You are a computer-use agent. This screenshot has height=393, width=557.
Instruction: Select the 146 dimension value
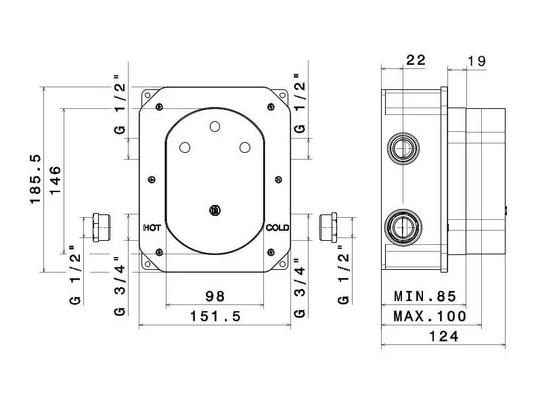(x=55, y=180)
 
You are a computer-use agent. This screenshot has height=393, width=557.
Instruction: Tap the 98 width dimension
(x=215, y=296)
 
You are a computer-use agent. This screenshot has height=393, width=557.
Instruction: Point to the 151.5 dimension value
(x=215, y=316)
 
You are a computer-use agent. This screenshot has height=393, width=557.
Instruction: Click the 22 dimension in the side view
(x=416, y=60)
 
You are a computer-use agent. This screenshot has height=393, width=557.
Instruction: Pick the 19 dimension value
(x=476, y=61)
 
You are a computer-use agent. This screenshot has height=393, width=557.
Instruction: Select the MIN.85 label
(x=425, y=296)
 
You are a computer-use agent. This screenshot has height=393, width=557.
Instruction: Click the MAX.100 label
(x=430, y=316)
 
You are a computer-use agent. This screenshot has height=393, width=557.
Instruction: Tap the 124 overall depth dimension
(x=444, y=336)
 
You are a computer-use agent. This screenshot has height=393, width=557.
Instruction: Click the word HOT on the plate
(x=152, y=227)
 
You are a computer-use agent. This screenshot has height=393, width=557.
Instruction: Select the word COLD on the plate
(x=277, y=227)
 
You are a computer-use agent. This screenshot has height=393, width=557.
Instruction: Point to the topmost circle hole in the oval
(x=215, y=126)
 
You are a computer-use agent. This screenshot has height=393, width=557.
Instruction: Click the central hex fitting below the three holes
(x=215, y=210)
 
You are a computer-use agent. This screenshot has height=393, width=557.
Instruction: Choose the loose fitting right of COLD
(x=328, y=227)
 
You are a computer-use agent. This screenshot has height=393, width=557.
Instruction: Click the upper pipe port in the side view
(x=403, y=148)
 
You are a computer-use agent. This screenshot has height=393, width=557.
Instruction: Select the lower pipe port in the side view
(x=403, y=227)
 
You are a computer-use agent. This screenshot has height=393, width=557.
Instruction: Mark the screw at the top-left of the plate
(x=160, y=106)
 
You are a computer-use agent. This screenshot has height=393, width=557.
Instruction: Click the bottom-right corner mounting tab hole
(x=282, y=264)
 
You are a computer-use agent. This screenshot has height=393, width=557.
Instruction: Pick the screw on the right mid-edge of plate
(x=279, y=180)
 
